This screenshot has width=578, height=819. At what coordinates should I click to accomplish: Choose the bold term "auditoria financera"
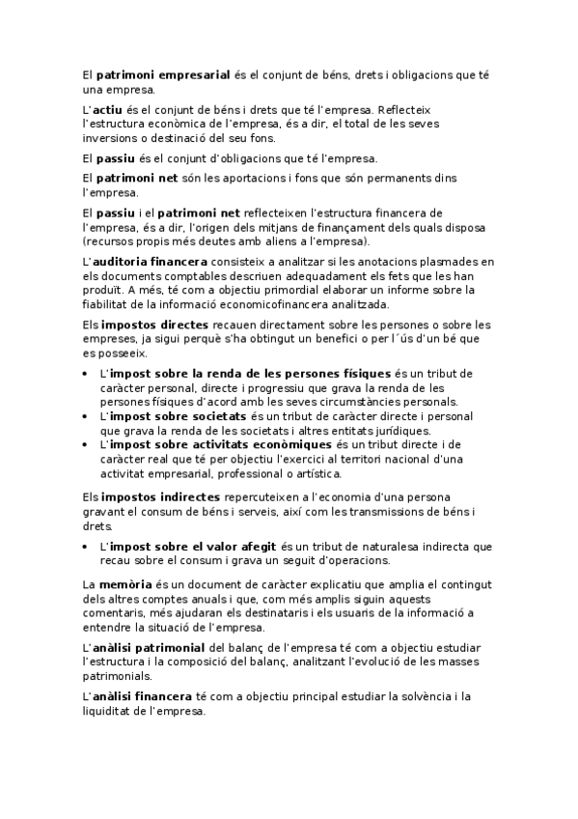(x=149, y=261)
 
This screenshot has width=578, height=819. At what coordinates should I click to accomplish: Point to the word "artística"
(x=317, y=474)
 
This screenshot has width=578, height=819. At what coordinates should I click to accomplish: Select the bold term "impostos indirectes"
(x=153, y=496)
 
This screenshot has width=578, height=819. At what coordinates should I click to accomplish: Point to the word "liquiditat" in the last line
(x=111, y=710)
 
